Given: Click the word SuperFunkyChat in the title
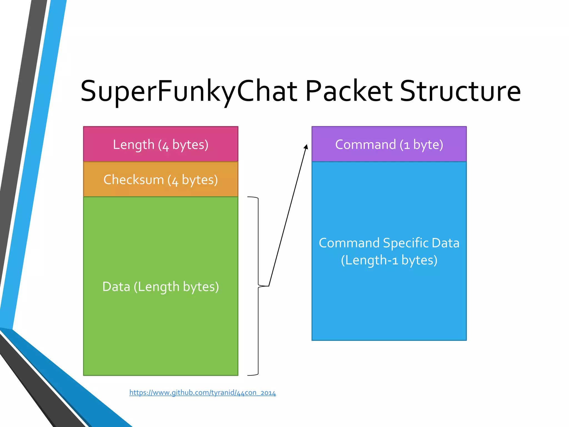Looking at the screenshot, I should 189,91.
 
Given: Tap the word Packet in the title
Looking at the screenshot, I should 349,91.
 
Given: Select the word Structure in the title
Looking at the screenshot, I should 460,91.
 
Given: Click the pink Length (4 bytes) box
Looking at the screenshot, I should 161,144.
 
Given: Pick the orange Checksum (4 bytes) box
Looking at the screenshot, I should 161,179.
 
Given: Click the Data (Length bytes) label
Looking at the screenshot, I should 161,286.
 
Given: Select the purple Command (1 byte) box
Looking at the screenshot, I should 389,144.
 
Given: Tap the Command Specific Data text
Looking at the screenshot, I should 389,243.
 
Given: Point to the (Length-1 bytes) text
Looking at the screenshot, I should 389,260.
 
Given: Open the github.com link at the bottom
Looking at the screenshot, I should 203,393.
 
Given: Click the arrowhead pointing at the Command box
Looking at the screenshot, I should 306,147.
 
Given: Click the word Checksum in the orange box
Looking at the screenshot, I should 134,179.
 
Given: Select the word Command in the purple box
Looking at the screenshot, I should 365,144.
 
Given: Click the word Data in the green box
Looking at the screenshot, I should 116,286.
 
